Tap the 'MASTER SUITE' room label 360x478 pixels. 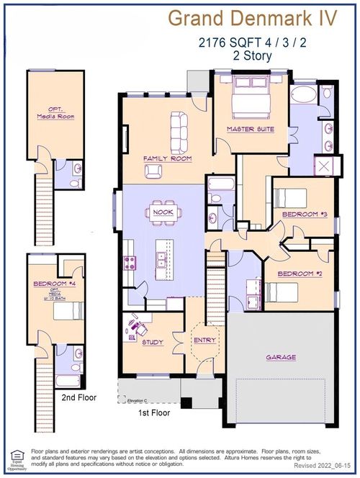pos(250,130)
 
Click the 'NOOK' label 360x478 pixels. pos(163,212)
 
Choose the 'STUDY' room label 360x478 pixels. pos(153,343)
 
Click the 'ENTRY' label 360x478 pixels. pos(204,339)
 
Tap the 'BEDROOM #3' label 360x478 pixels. pos(304,215)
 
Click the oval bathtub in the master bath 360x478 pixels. pos(303,96)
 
